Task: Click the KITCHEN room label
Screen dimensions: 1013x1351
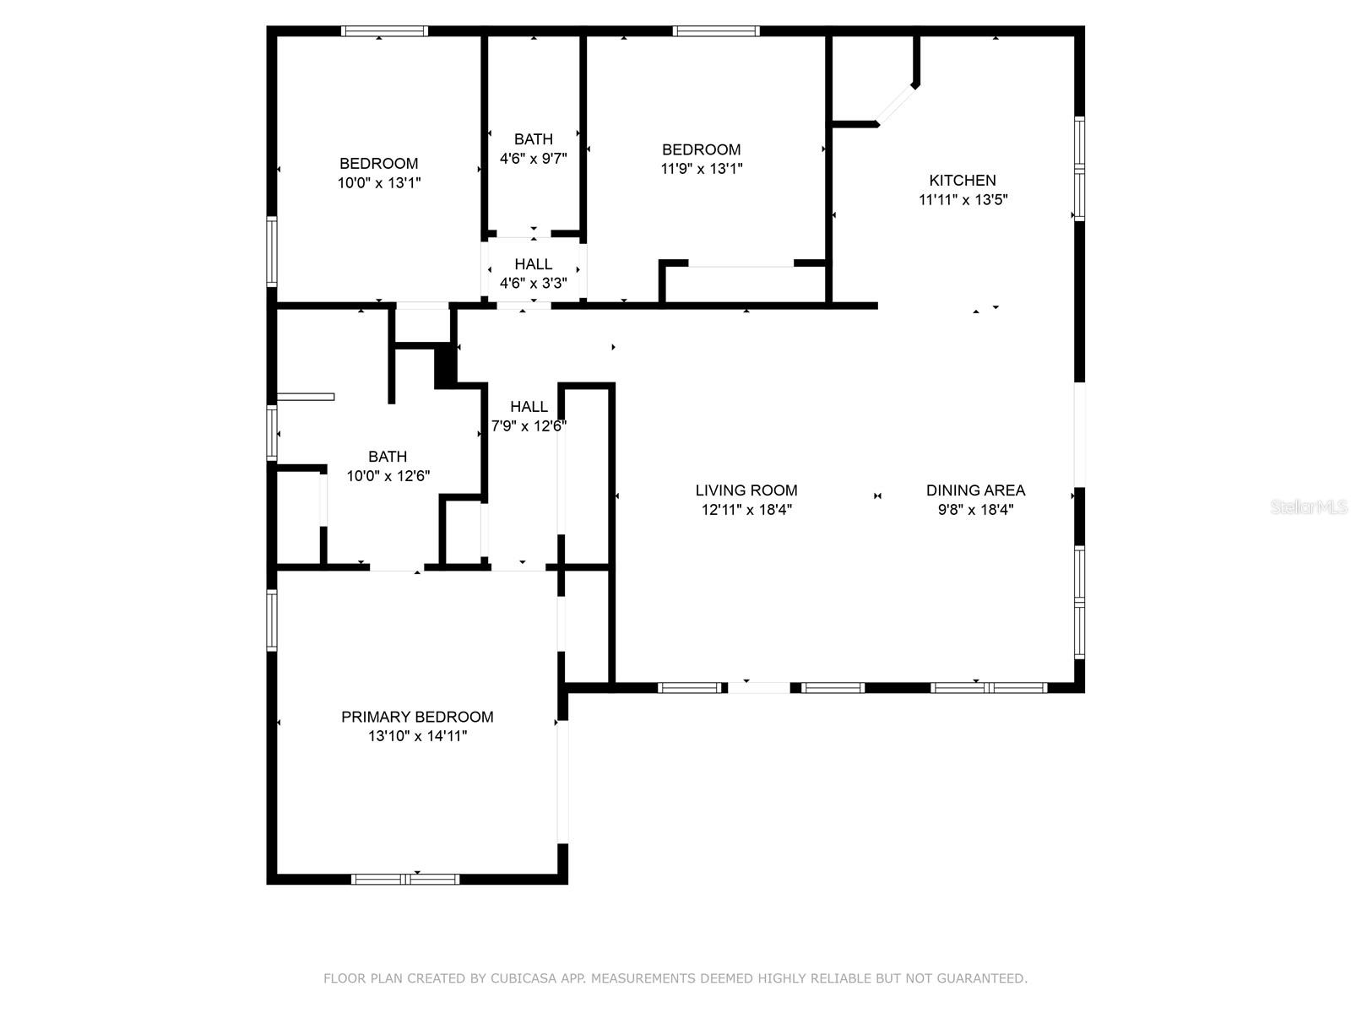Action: point(963,181)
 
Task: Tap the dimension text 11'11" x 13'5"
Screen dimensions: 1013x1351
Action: point(963,200)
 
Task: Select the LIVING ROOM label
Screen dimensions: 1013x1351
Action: point(746,490)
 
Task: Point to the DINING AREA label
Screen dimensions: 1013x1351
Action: point(975,490)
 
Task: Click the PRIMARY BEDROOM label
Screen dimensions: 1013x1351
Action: point(417,717)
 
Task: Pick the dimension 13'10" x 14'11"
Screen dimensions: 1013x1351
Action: point(417,736)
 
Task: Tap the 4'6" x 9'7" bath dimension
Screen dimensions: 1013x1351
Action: point(533,158)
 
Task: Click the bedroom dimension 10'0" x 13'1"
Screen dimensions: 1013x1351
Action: point(379,182)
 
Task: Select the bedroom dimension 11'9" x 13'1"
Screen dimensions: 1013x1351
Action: point(701,168)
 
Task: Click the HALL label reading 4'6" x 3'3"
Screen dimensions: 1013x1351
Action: point(533,264)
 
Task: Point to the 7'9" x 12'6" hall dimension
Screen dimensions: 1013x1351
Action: point(529,426)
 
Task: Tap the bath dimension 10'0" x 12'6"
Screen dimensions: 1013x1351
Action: point(388,476)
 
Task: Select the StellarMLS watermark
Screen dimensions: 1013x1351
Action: point(1308,507)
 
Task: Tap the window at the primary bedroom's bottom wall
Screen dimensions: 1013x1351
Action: point(405,879)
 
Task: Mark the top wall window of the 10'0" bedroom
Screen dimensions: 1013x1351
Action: point(384,31)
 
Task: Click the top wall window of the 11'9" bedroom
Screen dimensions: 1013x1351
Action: point(716,31)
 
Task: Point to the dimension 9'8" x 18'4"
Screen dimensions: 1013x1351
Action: point(975,510)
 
